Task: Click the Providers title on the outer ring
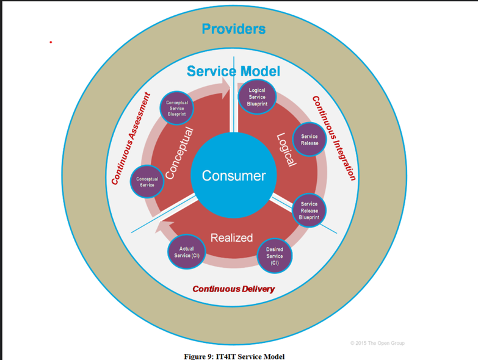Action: (x=234, y=29)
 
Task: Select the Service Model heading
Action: (x=233, y=71)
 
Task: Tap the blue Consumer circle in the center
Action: (x=234, y=176)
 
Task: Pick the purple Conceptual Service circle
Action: (x=147, y=182)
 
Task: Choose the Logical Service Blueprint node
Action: (x=257, y=98)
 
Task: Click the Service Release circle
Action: (x=310, y=140)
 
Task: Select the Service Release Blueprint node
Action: (x=309, y=211)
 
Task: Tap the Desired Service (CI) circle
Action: (x=275, y=256)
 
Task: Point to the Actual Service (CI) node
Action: (x=186, y=252)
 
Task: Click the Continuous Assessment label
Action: (x=130, y=139)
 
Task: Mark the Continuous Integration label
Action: (x=333, y=139)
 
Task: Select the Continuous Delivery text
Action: (x=233, y=289)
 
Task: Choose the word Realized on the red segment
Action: (x=231, y=238)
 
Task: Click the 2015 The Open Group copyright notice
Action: (x=377, y=343)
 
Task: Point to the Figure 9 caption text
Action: (x=234, y=356)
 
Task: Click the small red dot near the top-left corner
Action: (x=51, y=42)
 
